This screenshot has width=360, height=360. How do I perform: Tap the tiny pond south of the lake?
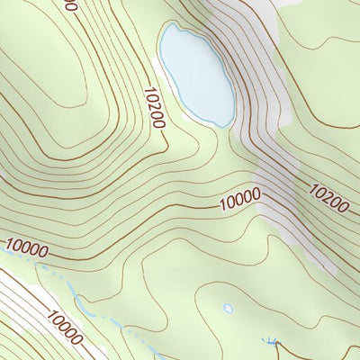click(x=228, y=308)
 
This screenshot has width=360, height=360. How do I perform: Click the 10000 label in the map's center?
click(x=239, y=199)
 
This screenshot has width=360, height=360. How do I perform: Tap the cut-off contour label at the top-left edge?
click(x=70, y=4)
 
